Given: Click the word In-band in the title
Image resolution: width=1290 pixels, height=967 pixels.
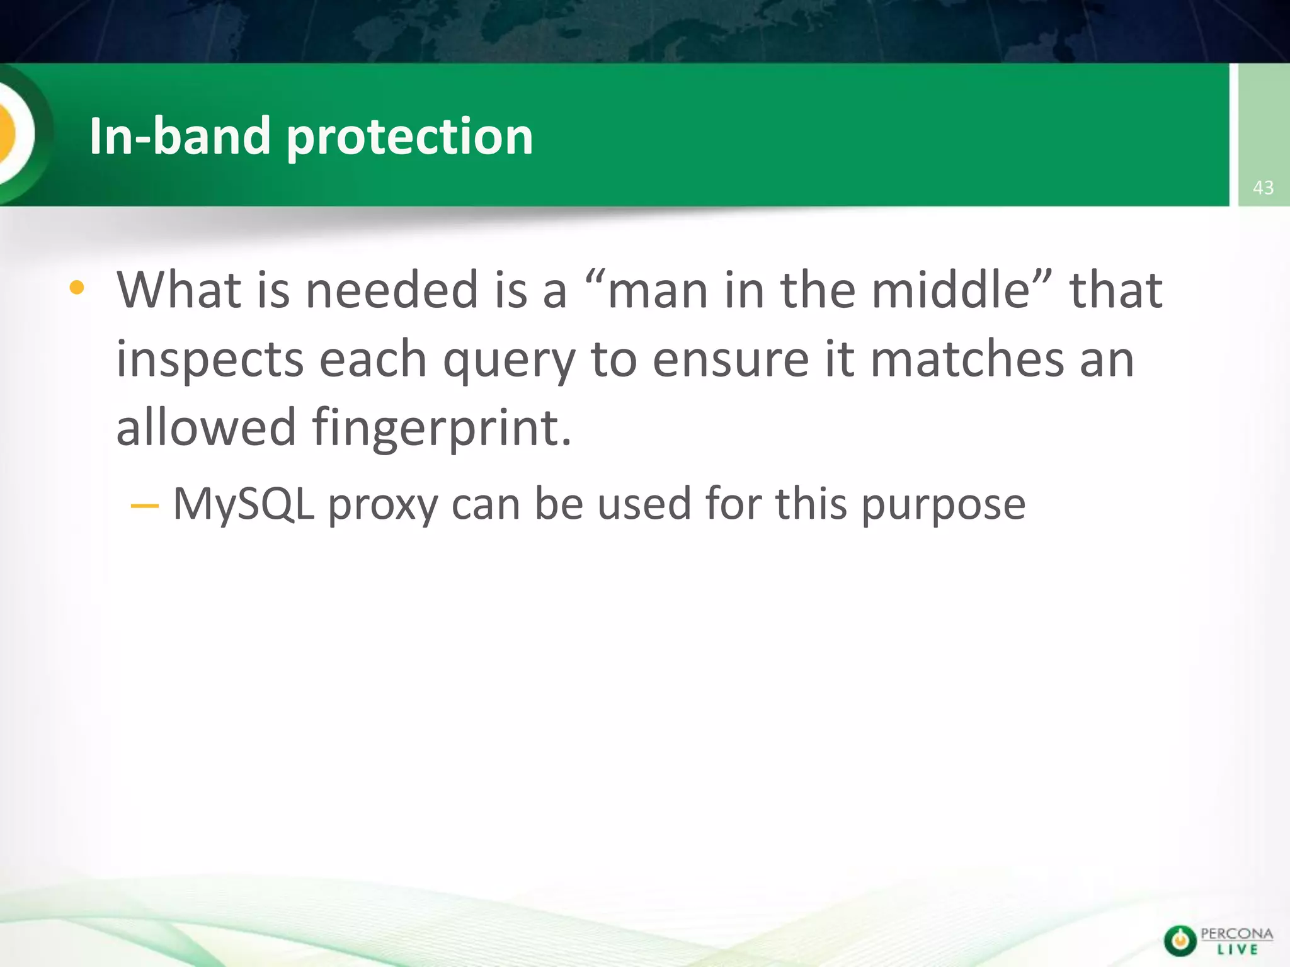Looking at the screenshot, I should click(180, 136).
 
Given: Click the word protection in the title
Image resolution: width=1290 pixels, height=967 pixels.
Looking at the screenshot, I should click(409, 137).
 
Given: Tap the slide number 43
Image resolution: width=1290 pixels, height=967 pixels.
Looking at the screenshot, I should click(1263, 188).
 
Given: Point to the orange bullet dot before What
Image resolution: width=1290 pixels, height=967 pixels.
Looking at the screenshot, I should click(77, 288).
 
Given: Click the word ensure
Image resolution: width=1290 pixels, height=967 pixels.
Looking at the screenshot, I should click(730, 359).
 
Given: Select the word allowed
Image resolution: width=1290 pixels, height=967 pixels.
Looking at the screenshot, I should click(206, 427).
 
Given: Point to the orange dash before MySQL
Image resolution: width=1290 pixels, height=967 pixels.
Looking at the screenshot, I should click(144, 506).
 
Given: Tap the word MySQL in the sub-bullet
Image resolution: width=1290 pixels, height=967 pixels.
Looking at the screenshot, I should click(243, 505).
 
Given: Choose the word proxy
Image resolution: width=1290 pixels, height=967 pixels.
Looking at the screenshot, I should click(382, 506).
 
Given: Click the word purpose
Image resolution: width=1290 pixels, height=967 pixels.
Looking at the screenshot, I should click(943, 506).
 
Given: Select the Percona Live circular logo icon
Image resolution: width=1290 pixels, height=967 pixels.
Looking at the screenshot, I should click(1180, 941).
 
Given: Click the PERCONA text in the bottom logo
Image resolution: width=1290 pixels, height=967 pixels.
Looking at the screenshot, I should click(1236, 934).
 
